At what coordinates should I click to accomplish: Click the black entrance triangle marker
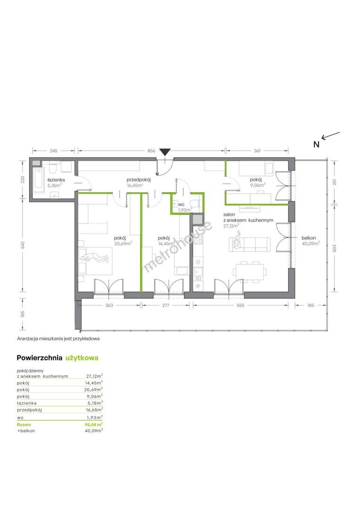click(x=165, y=152)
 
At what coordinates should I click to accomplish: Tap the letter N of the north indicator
click(x=316, y=144)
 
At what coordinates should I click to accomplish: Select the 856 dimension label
click(x=151, y=151)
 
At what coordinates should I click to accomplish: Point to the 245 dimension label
click(x=54, y=151)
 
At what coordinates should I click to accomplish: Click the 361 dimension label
click(x=257, y=151)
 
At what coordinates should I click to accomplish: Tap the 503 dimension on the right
click(x=335, y=248)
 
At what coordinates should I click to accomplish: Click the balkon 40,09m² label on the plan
click(x=310, y=240)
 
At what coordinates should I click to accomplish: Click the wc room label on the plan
click(x=181, y=204)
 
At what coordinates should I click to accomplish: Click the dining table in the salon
click(x=250, y=272)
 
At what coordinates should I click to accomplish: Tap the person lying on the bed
click(x=95, y=258)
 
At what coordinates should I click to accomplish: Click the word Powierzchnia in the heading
click(x=39, y=358)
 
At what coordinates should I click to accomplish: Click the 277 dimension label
click(x=166, y=306)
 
